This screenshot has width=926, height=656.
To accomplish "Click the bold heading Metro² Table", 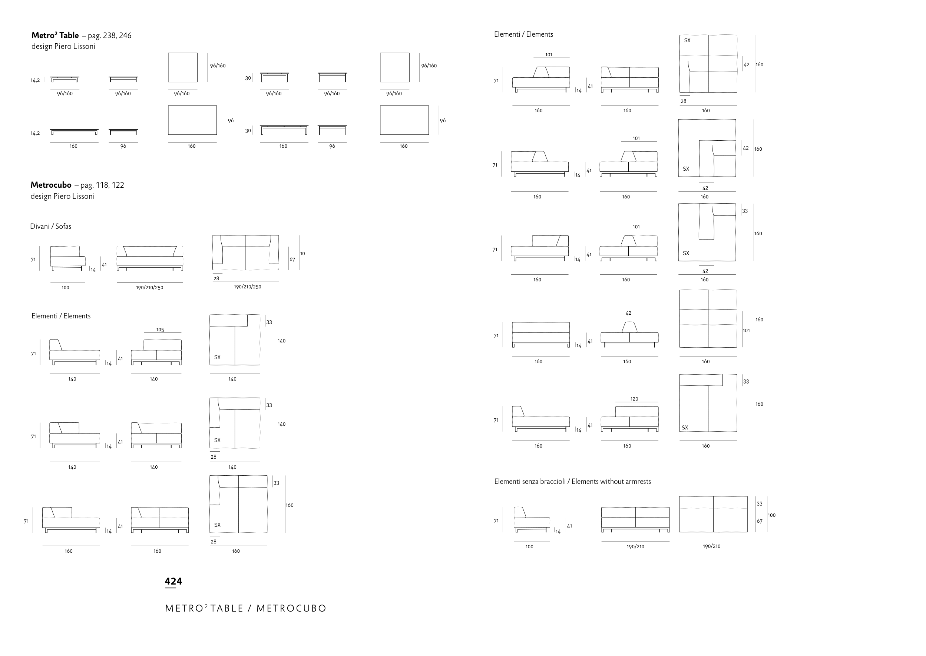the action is [x=55, y=36].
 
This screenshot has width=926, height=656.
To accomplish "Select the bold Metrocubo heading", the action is [x=51, y=185].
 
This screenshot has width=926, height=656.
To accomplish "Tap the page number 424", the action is [x=173, y=581].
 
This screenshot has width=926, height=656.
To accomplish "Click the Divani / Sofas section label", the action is [x=50, y=226].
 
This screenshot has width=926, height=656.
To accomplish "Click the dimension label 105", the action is [x=160, y=330].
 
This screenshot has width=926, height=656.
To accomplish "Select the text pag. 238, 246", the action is [x=110, y=36].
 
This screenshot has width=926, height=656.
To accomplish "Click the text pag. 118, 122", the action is [x=102, y=185].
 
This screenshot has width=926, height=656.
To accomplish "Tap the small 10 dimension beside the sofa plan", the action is [x=302, y=254].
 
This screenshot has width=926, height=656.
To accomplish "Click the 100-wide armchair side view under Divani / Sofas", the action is [x=67, y=258].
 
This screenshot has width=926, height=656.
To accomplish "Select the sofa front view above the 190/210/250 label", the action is [x=150, y=258].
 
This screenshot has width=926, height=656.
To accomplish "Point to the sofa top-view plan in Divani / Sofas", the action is [x=246, y=253].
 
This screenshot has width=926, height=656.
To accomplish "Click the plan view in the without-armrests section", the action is [x=713, y=514].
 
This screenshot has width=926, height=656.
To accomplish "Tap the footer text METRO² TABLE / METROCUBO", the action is [x=245, y=608].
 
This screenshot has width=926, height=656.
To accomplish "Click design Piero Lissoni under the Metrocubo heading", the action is [x=63, y=196].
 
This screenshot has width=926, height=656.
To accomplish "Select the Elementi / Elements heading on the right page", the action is [x=524, y=34].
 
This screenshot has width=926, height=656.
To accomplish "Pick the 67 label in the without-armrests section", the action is [x=760, y=522].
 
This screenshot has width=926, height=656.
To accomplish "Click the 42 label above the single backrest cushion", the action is [x=628, y=314].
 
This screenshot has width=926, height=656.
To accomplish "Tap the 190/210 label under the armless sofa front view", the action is [x=636, y=547].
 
